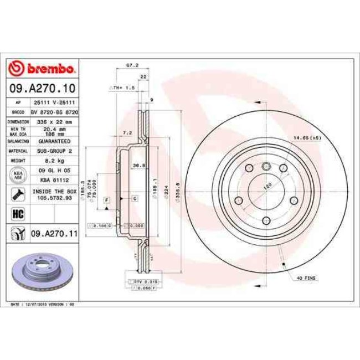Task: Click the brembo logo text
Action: point(49,69)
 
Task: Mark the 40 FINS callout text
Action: point(306,277)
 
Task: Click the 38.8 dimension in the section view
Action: point(139,165)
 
